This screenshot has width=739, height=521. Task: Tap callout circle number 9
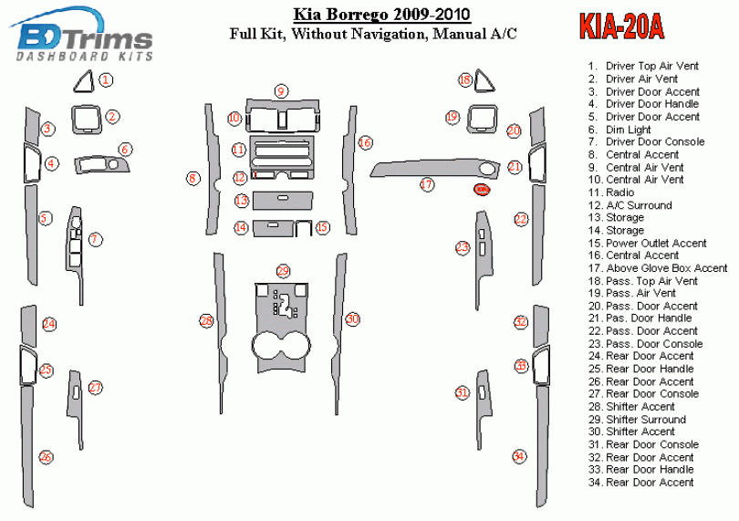click(282, 90)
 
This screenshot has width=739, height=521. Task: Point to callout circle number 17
click(426, 184)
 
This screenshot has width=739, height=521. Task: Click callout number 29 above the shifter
click(283, 271)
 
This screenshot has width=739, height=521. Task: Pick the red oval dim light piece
click(481, 189)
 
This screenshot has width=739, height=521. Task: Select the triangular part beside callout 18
click(483, 82)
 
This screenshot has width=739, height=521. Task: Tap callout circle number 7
click(95, 239)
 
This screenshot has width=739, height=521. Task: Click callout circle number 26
click(45, 456)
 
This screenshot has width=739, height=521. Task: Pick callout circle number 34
click(519, 455)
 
